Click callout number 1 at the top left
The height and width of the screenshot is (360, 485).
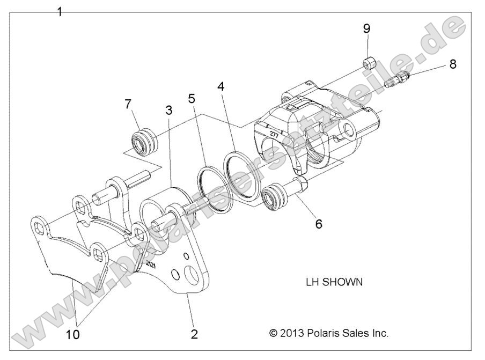(x=60, y=11)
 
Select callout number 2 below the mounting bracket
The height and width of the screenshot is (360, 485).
(x=194, y=334)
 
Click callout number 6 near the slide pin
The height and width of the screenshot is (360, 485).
(x=319, y=223)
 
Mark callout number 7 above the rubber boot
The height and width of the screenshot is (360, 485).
(x=128, y=104)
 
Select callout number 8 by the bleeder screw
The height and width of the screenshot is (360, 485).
(x=453, y=64)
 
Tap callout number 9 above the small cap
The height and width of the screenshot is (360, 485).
(x=366, y=28)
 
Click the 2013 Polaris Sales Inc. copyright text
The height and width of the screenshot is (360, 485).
(x=328, y=333)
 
